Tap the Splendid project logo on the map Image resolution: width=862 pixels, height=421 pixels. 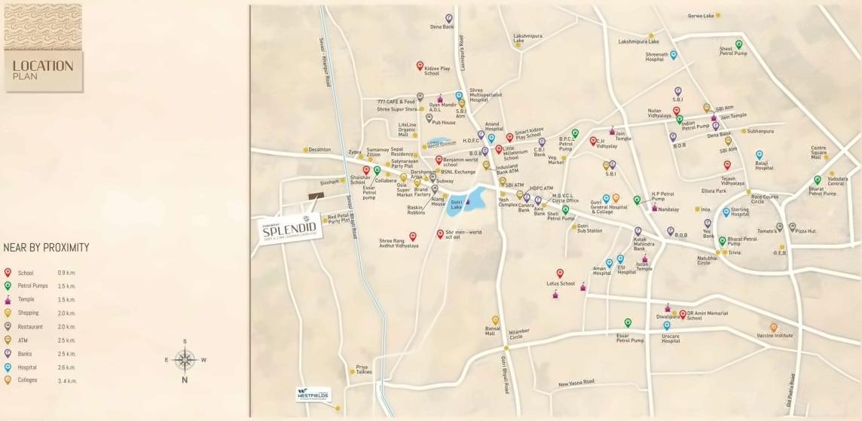coord(291,230)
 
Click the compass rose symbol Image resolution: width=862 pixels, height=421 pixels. coord(185,360)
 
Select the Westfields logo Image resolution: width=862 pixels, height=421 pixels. coord(313,393)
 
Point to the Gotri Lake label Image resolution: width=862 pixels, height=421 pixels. coord(457,204)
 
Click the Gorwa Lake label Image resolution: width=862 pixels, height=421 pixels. coord(700,16)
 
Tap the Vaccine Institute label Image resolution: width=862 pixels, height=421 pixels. coord(775,336)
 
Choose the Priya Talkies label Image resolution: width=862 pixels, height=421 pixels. coord(364,370)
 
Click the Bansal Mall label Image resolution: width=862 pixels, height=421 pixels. coord(494,331)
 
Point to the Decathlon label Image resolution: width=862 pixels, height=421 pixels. coord(319,149)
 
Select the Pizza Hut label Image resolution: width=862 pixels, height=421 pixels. coord(805,231)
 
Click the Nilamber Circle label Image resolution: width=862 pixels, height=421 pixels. coord(519,334)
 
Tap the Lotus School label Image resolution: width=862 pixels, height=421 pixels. coord(561,284)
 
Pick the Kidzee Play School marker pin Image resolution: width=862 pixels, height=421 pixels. coord(420,66)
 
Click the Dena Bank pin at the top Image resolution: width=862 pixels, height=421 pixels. coord(449,17)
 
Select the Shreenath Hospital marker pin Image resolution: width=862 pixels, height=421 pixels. coord(674,54)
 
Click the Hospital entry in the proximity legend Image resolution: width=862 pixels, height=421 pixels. coord(26,368)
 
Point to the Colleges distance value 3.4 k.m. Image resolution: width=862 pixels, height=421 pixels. coord(67,381)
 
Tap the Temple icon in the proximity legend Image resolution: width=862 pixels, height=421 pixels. coord(8,300)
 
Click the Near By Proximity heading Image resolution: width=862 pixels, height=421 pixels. coord(46,247)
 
